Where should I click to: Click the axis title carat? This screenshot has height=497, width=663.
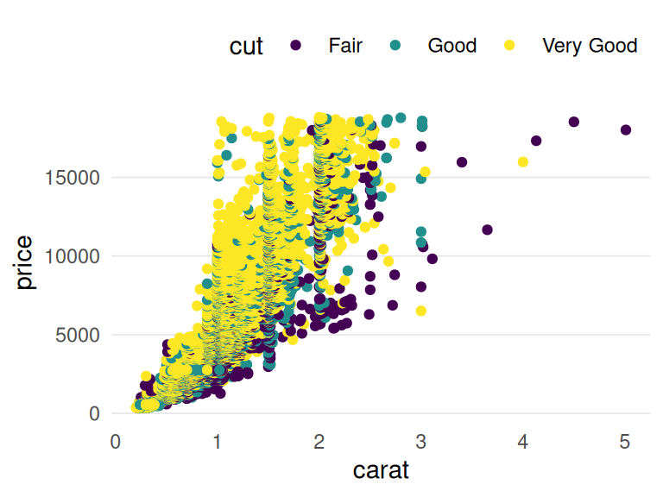381,471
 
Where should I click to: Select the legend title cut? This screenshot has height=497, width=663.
246,46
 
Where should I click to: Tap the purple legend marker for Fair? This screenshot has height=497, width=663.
296,46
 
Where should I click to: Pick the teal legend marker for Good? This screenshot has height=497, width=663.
395,46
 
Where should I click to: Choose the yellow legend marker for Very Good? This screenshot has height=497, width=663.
509,46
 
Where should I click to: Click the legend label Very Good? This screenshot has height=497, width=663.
590,46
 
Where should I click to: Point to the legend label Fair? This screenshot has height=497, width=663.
345,46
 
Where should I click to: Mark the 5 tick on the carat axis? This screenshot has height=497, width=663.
625,442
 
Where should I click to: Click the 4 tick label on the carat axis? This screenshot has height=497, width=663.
523,442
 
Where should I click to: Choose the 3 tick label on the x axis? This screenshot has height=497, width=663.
421,442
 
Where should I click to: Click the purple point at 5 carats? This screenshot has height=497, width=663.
626,130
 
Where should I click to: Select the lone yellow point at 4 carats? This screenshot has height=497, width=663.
523,162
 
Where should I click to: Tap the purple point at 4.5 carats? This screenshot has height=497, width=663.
574,123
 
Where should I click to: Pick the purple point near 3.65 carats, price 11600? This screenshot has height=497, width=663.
488,230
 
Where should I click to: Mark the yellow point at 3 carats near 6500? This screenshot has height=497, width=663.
421,311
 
